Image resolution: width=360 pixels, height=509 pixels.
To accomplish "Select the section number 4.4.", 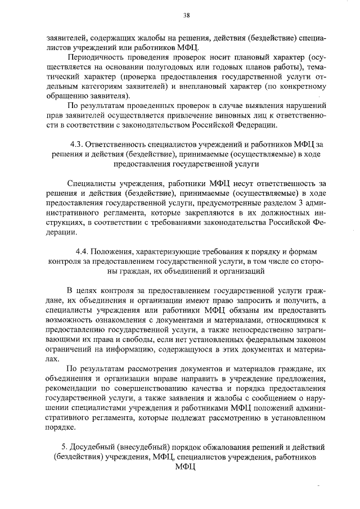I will [x=83, y=252].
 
